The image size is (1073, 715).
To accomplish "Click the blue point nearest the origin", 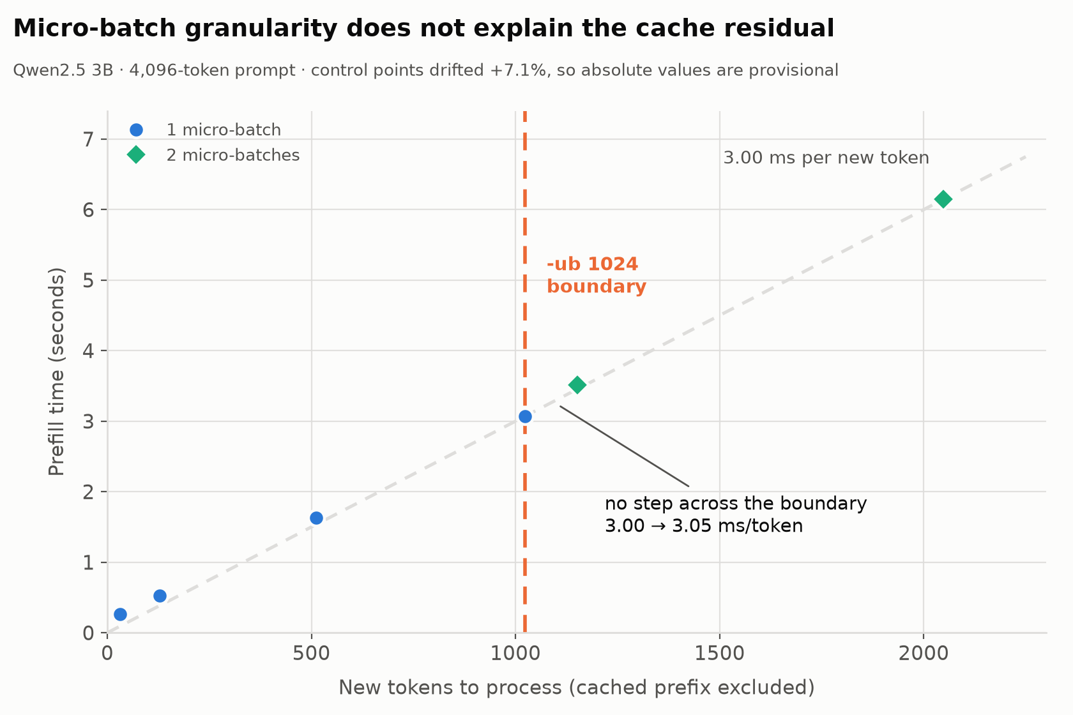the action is tap(120, 614).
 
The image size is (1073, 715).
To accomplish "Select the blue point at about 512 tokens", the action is tap(316, 518).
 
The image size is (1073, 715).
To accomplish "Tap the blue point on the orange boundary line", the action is tap(525, 417).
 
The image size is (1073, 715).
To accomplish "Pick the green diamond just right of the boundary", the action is tap(577, 384).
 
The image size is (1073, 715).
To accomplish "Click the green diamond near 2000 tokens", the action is tap(943, 199).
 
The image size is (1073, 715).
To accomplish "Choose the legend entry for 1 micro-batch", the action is tap(205, 130).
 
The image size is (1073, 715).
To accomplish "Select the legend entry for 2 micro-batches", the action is tap(213, 155).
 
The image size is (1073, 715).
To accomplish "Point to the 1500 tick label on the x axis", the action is tap(719, 654).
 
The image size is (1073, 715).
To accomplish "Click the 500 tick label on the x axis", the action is tap(312, 654).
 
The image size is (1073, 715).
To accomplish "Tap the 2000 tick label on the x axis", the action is tap(924, 654).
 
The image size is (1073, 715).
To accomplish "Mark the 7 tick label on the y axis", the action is tap(88, 140).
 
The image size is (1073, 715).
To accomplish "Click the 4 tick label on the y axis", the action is tap(88, 351).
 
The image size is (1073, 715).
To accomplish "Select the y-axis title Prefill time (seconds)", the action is tap(56, 372).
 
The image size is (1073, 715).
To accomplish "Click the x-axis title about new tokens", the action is tap(577, 688).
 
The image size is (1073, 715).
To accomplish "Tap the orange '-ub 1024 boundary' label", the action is tap(597, 275).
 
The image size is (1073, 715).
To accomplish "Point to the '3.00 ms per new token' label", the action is tap(826, 158).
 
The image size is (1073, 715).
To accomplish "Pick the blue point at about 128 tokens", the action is tap(160, 596).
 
